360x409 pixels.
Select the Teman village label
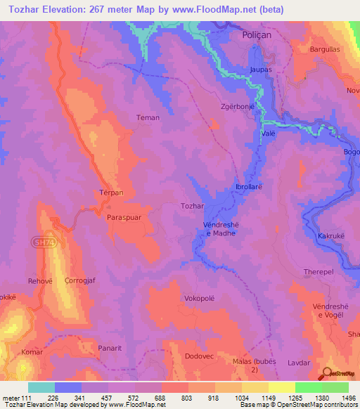(x=148, y=117)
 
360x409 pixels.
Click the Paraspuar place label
(x=124, y=218)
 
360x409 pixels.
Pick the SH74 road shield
(x=41, y=240)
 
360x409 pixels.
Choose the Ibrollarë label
(x=249, y=187)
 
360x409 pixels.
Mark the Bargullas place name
(x=325, y=50)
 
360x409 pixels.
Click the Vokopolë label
(x=199, y=297)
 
